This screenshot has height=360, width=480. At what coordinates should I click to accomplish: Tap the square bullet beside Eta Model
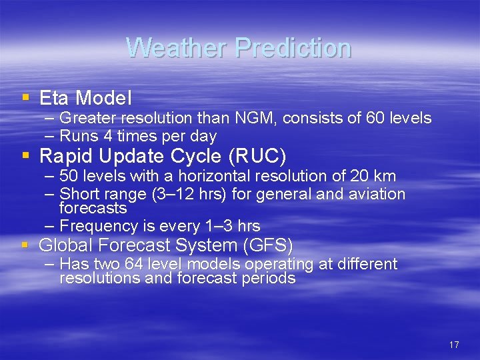pyautogui.click(x=25, y=97)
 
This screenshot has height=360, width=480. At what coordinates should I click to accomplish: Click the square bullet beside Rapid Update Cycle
pyautogui.click(x=25, y=155)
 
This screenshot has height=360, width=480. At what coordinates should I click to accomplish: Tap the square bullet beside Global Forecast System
pyautogui.click(x=25, y=245)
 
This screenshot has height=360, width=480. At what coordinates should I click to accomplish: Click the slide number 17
pyautogui.click(x=454, y=345)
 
